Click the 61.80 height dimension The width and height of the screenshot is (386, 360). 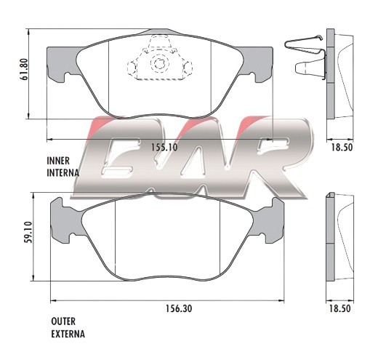coord(25,69)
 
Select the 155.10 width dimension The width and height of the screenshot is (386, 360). coord(164,147)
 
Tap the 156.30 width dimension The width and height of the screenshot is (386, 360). coord(179,308)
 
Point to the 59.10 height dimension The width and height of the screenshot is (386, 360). coord(28,232)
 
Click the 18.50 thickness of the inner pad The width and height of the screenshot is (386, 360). coord(342,147)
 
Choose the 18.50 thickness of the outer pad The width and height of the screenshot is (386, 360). coord(339,308)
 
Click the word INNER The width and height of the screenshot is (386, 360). coord(58,161)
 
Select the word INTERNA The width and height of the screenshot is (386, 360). coord(63,172)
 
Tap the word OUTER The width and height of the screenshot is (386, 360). coord(63,321)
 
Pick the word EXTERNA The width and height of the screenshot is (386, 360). coord(68,334)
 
